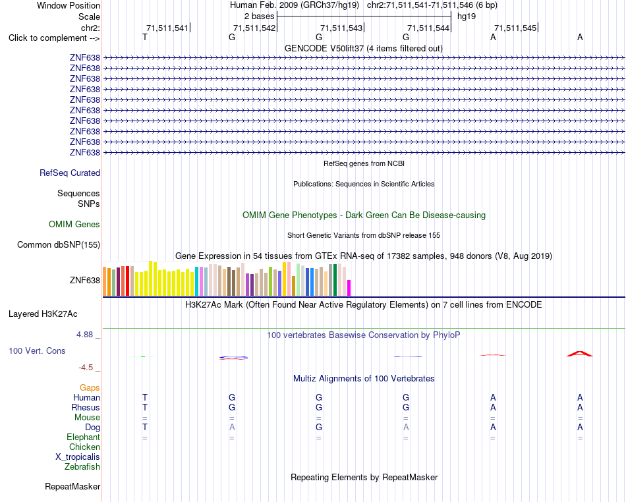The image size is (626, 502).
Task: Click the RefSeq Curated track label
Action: click(x=70, y=173)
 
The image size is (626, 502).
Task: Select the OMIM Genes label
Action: click(x=74, y=224)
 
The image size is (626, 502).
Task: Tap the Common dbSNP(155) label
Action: click(x=59, y=244)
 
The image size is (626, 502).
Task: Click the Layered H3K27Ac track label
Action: click(x=43, y=314)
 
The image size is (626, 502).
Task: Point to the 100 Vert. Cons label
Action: click(x=37, y=350)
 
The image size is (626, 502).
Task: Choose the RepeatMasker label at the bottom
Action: click(x=72, y=486)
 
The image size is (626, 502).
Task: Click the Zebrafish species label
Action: click(x=82, y=466)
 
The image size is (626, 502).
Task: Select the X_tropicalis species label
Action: click(x=78, y=457)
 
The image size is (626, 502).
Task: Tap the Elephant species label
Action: click(x=84, y=437)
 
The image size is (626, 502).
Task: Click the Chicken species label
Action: click(x=84, y=447)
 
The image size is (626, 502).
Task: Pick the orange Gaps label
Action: click(x=90, y=387)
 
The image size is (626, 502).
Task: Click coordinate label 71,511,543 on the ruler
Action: click(x=341, y=28)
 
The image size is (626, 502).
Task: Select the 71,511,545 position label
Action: click(x=515, y=28)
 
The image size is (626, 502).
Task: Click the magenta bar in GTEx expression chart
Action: click(x=349, y=288)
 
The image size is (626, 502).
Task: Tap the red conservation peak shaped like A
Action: click(x=580, y=354)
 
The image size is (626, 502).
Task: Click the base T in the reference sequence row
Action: click(x=145, y=37)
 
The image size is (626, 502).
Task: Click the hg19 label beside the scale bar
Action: click(x=467, y=16)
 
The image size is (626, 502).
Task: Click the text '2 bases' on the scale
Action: click(x=260, y=16)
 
